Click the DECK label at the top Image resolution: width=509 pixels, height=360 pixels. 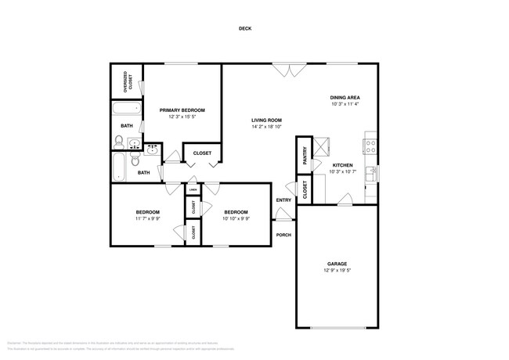pos(245,29)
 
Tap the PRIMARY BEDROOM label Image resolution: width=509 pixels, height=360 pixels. pos(182,110)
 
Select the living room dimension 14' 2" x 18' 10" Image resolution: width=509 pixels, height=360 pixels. pos(266,127)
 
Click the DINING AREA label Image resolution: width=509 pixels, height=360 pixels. pos(345,97)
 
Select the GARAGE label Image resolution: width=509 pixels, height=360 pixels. pos(337,264)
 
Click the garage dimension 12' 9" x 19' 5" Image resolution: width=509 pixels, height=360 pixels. pos(337,271)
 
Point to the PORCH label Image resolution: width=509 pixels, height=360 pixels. pos(283,235)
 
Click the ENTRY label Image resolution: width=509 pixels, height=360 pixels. pos(283,200)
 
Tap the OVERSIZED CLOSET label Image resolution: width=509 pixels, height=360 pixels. pos(125,82)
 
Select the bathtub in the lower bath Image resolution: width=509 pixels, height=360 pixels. pos(119,164)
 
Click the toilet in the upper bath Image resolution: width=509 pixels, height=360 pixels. pos(118,142)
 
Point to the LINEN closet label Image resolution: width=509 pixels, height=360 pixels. pos(192,189)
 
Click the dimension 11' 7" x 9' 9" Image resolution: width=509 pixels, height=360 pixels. pos(147,219)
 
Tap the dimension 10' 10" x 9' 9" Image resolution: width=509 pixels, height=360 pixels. pos(236,219)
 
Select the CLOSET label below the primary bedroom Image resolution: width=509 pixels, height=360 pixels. pos(202,153)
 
